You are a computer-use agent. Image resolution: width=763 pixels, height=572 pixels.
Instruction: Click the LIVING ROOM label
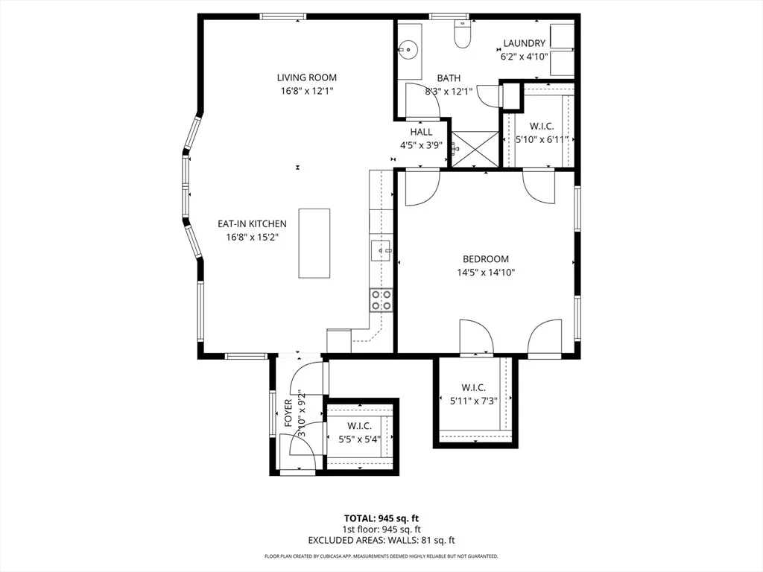coord(306,77)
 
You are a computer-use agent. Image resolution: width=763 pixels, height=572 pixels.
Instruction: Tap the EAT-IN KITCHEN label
coord(252,223)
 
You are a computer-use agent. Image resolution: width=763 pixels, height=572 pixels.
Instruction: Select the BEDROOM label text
coord(486,259)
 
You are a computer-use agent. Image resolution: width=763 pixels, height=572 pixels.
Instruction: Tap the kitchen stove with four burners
coord(381,299)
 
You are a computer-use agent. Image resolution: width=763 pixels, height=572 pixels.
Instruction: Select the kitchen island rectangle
coord(314,244)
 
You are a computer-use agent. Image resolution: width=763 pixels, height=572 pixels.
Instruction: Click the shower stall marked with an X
coord(475,148)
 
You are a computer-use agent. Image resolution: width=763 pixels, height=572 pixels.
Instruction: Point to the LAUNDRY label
coord(524,43)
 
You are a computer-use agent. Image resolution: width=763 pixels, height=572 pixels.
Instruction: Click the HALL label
coord(421,132)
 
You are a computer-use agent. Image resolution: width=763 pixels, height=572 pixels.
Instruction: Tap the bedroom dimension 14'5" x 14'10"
coord(486,273)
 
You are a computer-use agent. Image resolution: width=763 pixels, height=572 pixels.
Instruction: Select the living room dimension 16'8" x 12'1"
coord(306,91)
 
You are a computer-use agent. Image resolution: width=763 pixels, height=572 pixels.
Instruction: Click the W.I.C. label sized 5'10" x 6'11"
coord(542,127)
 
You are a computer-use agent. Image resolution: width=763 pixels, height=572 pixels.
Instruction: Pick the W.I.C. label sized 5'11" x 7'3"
coord(473,387)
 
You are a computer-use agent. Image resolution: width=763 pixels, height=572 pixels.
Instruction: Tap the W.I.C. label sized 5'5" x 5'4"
coord(360,426)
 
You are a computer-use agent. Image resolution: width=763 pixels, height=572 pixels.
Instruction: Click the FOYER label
coord(288,413)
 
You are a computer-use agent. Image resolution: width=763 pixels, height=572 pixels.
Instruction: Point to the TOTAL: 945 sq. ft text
coord(381,518)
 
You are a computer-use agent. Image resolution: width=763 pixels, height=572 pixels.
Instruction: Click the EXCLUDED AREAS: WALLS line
coord(381,540)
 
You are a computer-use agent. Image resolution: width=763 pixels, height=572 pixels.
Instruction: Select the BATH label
coord(449,77)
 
